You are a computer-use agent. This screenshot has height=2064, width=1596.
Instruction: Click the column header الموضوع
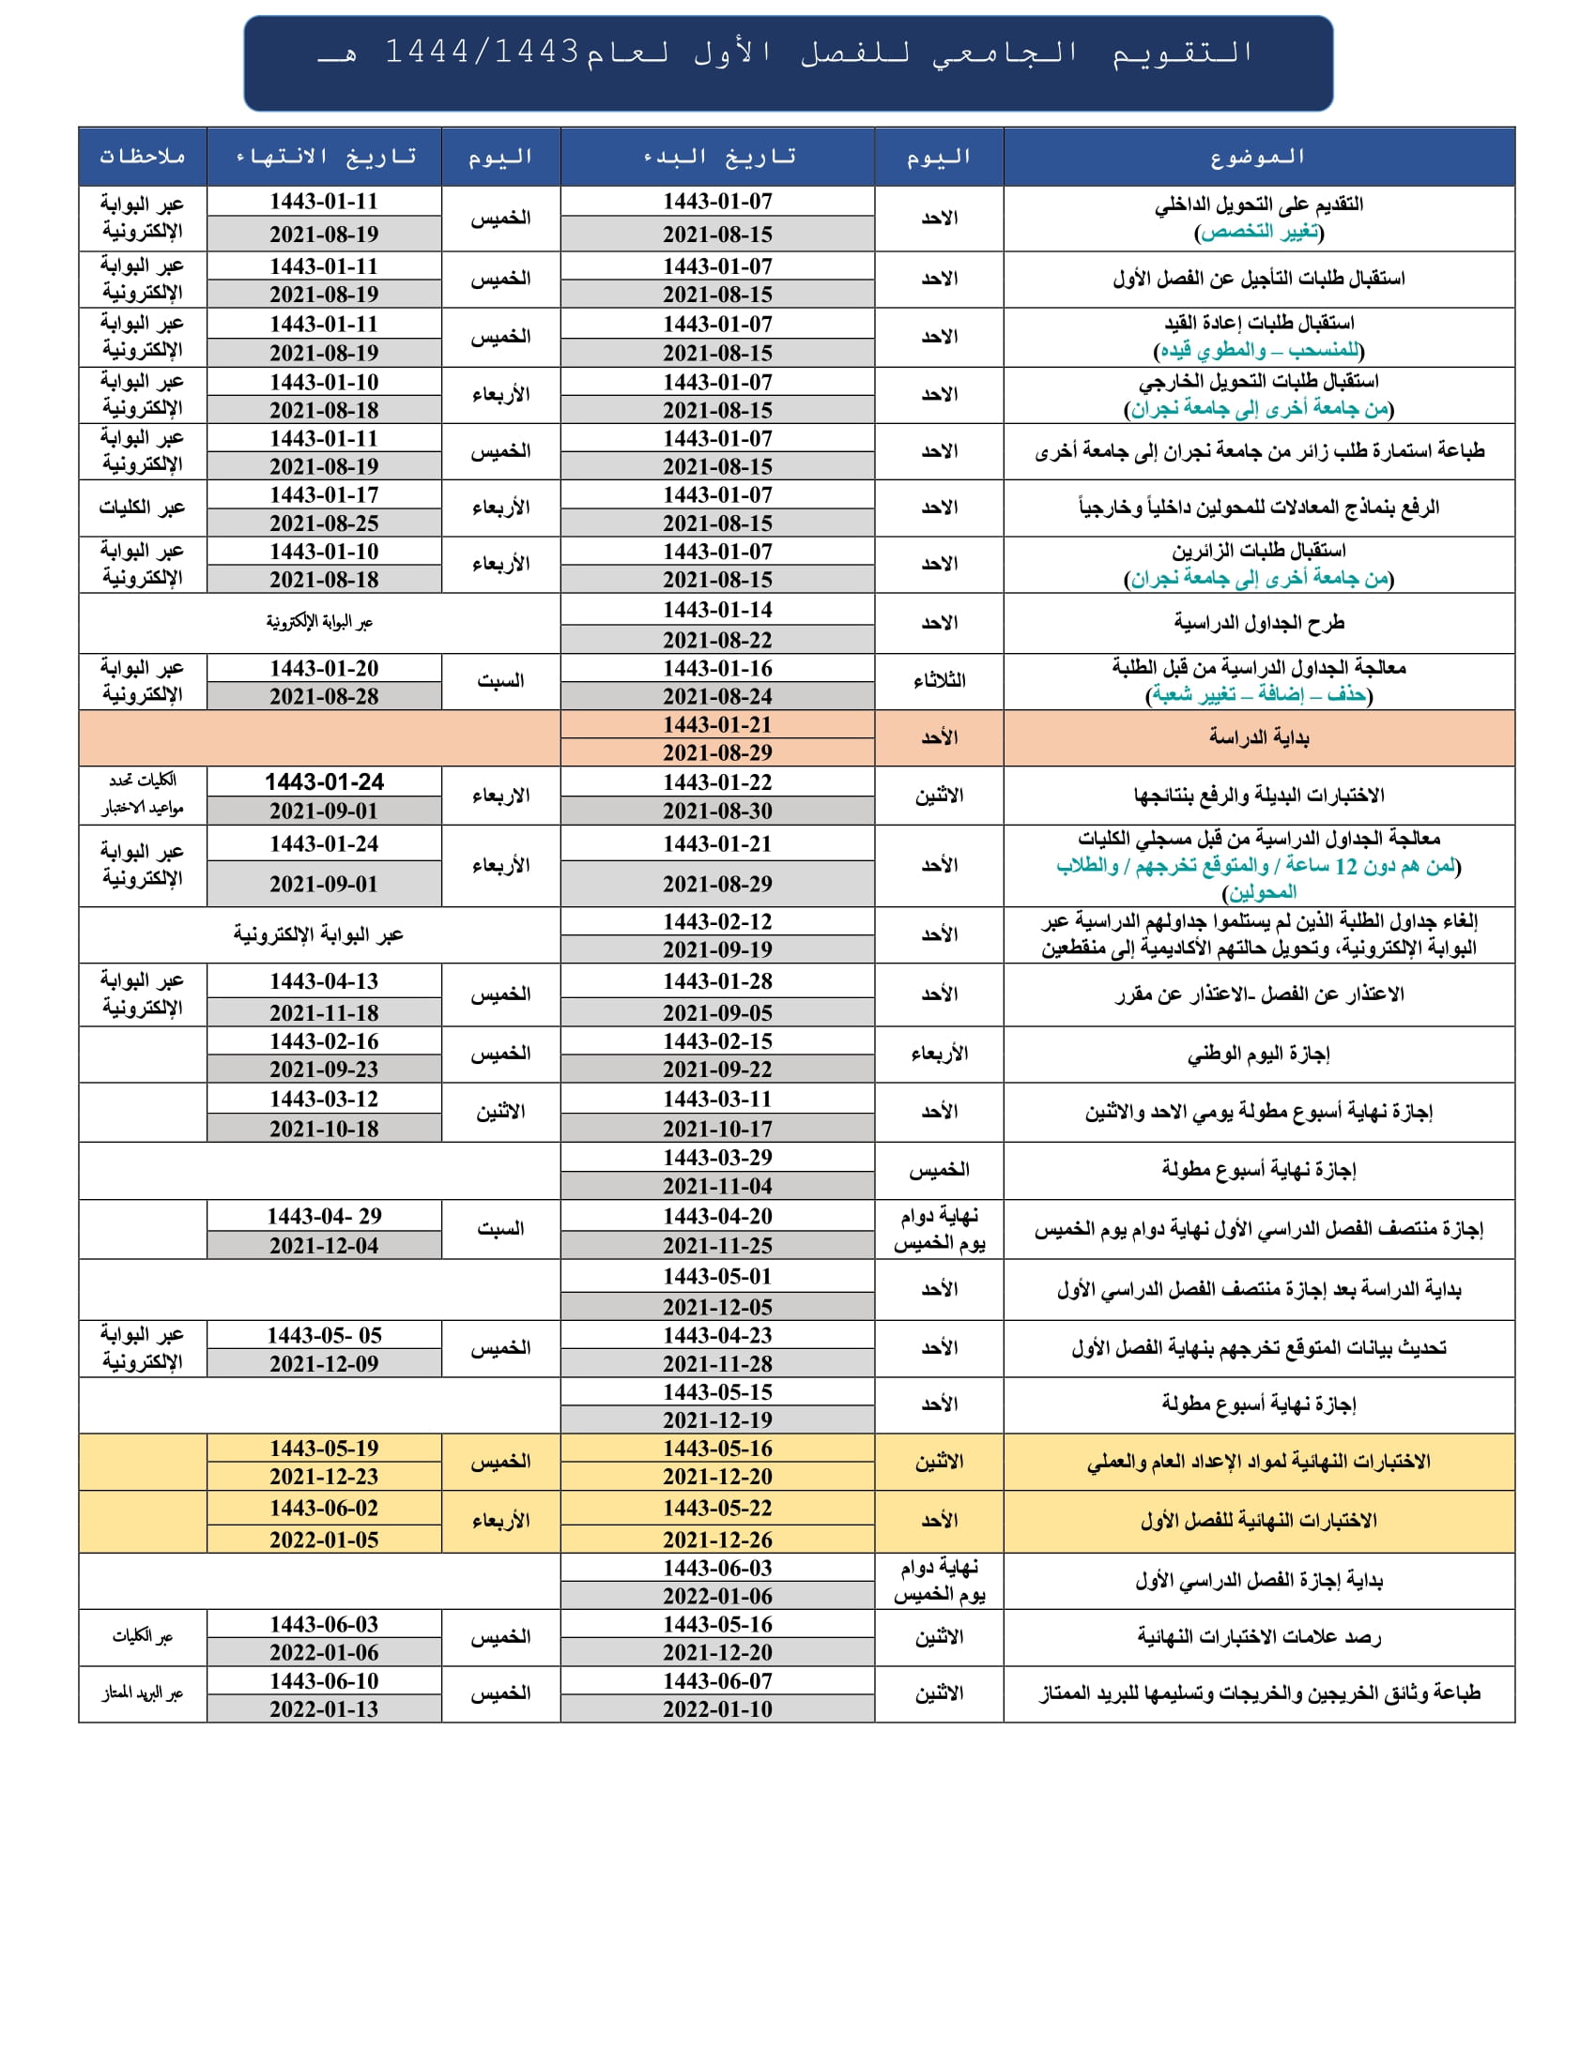[1257, 157]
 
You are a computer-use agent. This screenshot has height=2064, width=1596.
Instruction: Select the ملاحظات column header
[143, 157]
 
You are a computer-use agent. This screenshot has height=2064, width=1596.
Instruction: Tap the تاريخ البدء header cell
[717, 157]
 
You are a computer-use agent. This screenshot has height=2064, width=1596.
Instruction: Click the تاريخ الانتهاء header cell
[324, 157]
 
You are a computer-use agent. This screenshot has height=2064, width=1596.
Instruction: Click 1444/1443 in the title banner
[482, 52]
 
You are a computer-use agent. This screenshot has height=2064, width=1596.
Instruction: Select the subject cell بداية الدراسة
[1257, 737]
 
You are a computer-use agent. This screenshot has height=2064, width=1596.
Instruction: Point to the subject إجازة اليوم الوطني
[1257, 1054]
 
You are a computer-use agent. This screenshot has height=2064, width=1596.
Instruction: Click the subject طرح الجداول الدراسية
[1257, 623]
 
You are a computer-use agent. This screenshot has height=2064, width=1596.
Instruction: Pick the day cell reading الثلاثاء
[939, 681]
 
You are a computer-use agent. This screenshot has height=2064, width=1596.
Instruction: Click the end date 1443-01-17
[324, 495]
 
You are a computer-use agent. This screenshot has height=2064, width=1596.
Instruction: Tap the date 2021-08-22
[717, 640]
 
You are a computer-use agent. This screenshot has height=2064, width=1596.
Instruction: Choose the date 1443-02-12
[717, 921]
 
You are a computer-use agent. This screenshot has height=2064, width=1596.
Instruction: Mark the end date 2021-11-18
[324, 1012]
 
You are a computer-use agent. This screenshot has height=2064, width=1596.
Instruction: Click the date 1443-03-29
[717, 1157]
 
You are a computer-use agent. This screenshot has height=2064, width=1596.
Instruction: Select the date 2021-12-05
[717, 1307]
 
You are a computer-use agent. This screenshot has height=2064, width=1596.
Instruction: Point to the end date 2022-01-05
[324, 1540]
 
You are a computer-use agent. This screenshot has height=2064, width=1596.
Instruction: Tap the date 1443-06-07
[717, 1681]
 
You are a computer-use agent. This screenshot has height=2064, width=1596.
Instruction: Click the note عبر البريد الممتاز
[143, 1693]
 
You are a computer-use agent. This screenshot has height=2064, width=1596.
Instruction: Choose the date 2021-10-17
[717, 1129]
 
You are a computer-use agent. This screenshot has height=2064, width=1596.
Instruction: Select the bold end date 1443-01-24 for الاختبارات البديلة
[324, 782]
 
